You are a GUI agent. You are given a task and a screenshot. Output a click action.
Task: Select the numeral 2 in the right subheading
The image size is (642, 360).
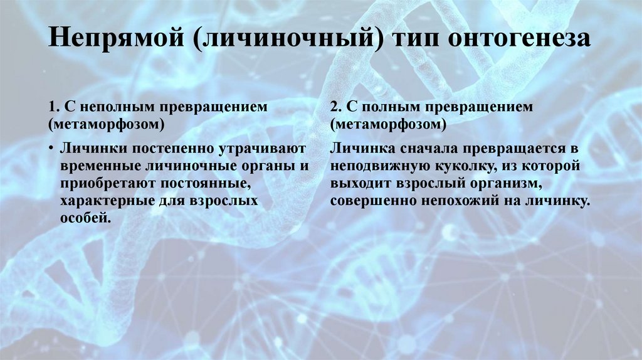coord(334,107)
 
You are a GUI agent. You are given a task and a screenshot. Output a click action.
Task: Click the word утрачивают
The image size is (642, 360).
coord(262,149)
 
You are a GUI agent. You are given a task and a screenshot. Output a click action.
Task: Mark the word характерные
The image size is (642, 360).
coord(102,201)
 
